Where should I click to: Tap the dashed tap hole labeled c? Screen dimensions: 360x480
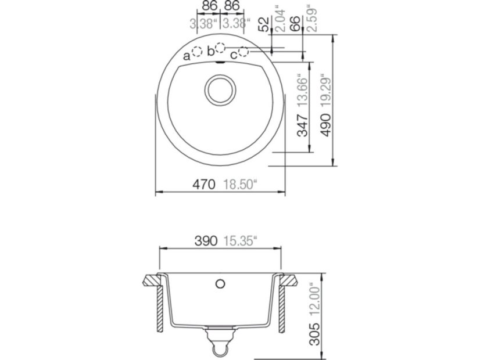pos(243,52)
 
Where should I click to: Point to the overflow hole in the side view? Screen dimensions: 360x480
pos(220,283)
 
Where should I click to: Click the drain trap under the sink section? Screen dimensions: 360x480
pos(220,339)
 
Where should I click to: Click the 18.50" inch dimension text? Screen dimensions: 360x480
pos(239,185)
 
